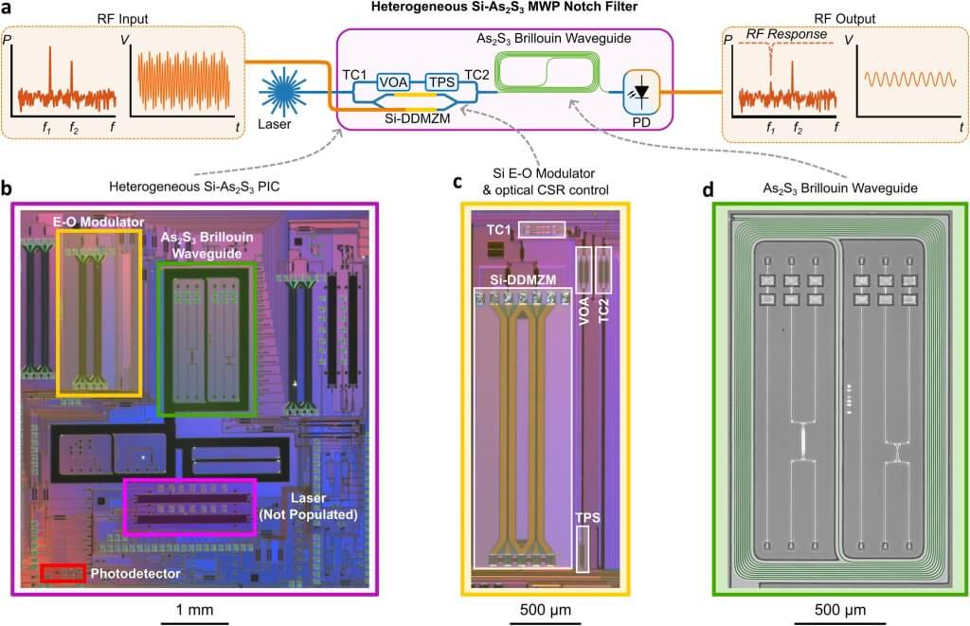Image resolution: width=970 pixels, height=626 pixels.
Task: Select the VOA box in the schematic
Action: pyautogui.click(x=394, y=83)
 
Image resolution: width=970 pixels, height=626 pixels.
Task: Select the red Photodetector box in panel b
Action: pyautogui.click(x=63, y=573)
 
